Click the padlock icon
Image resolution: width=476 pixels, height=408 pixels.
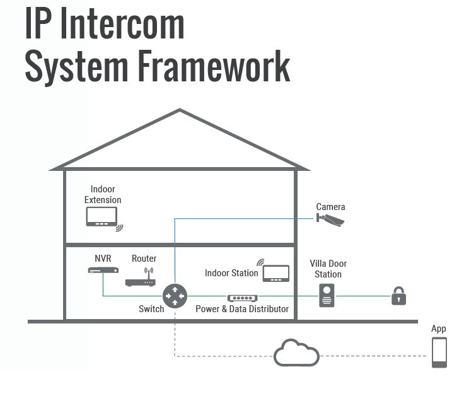pos(398,296)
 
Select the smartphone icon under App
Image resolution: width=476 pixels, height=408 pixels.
pos(439,353)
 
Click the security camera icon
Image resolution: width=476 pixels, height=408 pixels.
pos(331,219)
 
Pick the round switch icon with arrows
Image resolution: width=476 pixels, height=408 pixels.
pos(175,296)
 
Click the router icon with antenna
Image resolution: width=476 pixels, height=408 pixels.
pos(141,278)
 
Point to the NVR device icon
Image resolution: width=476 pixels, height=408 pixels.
pos(103,271)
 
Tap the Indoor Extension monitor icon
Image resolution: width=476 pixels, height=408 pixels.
pos(103,216)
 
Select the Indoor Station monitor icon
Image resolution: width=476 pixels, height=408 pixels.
pos(276,272)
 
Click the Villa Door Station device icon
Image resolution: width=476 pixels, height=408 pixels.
pos(327,295)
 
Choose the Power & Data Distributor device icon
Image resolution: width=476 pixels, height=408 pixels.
pos(242,297)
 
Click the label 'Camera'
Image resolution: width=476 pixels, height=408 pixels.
pos(330,207)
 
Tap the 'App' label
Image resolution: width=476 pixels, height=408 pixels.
pos(439,329)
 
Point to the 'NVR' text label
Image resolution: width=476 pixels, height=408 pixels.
pos(103,259)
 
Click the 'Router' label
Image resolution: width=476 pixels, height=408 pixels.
pos(144,259)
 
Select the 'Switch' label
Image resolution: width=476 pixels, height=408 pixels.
pos(151,309)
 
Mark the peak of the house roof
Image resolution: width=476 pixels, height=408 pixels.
pos(180,111)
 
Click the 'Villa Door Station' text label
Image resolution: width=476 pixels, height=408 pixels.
pos(328,269)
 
